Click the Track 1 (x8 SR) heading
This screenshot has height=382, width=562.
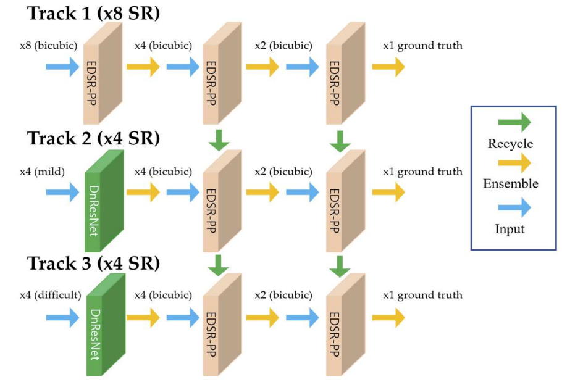click(93, 14)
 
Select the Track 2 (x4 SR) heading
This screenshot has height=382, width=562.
click(93, 138)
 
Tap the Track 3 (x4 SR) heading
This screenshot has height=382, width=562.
click(93, 264)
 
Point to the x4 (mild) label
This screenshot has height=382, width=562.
click(48, 172)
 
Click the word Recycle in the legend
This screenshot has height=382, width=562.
click(510, 144)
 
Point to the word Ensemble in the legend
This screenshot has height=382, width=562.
click(510, 184)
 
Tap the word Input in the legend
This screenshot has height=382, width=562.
click(510, 229)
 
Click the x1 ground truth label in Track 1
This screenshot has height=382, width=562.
click(422, 46)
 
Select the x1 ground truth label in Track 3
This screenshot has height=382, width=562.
click(422, 295)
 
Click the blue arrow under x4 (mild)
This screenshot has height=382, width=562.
click(62, 193)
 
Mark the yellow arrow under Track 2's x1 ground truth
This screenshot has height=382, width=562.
click(388, 193)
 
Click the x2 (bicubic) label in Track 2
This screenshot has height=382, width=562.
click(283, 172)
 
